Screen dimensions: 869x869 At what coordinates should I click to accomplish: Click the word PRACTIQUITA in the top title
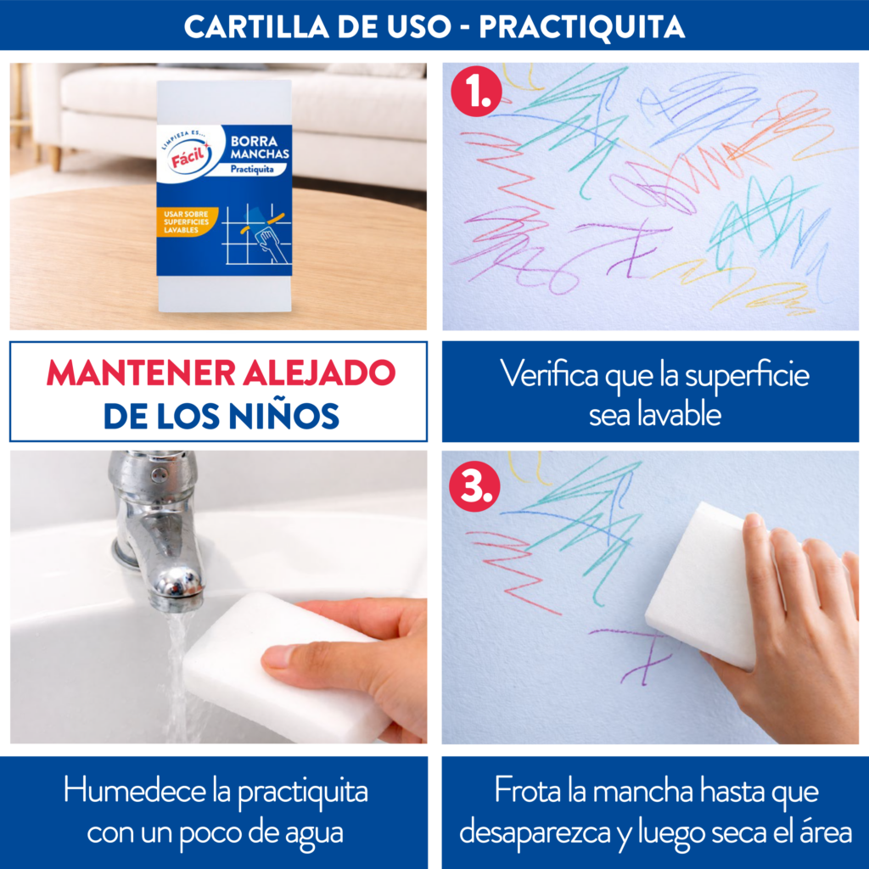(582, 26)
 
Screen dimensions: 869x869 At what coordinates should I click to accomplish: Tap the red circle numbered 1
(477, 92)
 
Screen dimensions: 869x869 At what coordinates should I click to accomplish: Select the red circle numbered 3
(474, 486)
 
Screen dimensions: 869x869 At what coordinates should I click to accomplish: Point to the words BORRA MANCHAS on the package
(260, 147)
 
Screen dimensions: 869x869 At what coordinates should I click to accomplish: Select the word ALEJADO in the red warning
(319, 373)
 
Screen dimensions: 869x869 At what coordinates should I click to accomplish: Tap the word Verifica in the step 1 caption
(549, 374)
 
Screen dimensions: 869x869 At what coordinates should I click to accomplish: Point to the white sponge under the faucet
(278, 665)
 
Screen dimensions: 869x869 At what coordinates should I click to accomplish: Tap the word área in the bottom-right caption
(826, 832)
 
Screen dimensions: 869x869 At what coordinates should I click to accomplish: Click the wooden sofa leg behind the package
(55, 158)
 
